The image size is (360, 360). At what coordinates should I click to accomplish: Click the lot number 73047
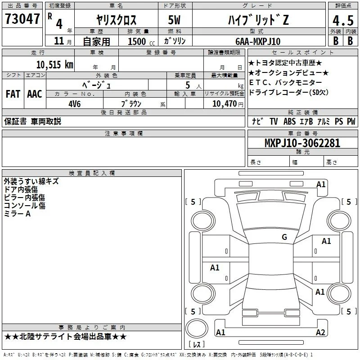click(22, 18)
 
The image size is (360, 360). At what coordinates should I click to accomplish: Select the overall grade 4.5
click(343, 20)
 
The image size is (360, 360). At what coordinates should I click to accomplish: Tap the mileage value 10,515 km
click(55, 65)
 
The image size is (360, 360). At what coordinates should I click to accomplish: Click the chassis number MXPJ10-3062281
click(302, 143)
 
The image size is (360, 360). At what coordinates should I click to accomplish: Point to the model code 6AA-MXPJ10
click(258, 41)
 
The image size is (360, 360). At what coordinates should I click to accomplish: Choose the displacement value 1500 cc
click(141, 41)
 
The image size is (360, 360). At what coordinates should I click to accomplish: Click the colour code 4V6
click(75, 104)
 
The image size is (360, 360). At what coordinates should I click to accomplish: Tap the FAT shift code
click(13, 94)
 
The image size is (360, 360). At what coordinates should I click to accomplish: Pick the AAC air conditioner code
click(35, 94)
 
